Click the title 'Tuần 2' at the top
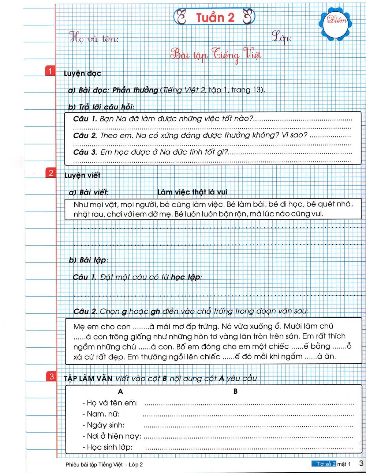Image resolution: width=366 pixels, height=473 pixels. click(214, 17)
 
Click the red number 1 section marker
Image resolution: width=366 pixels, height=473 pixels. click(50, 71)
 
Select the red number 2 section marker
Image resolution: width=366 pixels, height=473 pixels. click(51, 173)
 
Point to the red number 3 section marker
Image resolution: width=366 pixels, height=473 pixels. click(52, 376)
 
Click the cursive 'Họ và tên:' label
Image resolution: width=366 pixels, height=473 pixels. click(94, 38)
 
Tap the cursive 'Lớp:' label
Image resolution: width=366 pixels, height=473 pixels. click(282, 37)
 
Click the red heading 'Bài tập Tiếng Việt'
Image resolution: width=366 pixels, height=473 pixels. click(216, 55)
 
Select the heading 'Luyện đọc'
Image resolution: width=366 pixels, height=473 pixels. click(82, 73)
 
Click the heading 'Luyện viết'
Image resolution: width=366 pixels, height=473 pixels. click(82, 175)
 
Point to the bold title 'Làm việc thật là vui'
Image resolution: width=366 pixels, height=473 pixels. click(192, 192)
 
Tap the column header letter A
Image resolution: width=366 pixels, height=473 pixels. click(120, 391)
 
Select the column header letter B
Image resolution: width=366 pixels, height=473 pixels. click(235, 391)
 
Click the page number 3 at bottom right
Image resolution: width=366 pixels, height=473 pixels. click(361, 463)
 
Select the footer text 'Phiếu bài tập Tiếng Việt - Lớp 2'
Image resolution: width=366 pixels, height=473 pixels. click(104, 465)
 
